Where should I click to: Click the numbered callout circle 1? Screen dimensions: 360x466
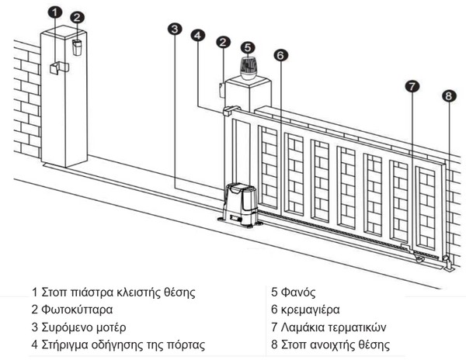pos(53,12)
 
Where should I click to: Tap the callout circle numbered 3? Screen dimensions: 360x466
pos(175,29)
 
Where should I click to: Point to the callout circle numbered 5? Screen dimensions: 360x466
pos(247,47)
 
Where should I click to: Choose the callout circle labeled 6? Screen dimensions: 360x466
pos(281,55)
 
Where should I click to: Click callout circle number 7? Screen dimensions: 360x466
pos(412,86)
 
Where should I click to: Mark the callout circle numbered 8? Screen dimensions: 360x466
pos(447,96)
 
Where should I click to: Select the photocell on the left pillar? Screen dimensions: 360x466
pos(78,46)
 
